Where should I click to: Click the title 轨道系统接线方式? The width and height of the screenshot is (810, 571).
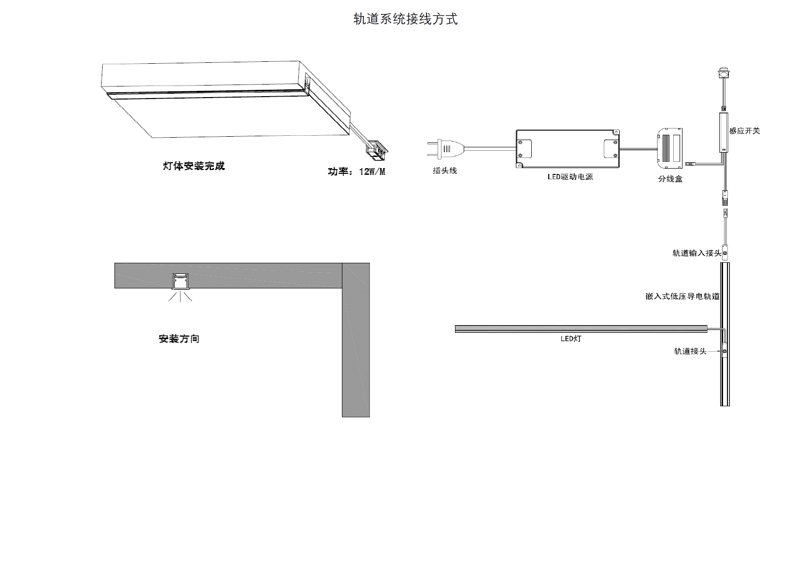405,19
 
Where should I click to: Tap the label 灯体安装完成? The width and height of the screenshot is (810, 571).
194,166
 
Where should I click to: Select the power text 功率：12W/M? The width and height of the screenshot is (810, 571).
356,171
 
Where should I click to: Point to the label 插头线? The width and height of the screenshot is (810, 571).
444,171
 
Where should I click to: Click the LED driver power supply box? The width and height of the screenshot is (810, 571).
568,149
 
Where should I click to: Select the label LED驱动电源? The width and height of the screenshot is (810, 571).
570,177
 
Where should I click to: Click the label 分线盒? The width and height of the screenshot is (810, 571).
670,179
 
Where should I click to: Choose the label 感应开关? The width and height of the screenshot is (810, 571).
744,131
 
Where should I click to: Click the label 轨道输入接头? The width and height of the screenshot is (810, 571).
696,253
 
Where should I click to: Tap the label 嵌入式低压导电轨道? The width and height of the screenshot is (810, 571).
682,296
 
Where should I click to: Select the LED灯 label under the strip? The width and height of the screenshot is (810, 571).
571,339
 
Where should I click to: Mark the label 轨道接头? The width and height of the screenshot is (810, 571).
690,351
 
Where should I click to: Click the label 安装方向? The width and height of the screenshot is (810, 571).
179,339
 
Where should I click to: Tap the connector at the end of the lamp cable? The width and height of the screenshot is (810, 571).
378,149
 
